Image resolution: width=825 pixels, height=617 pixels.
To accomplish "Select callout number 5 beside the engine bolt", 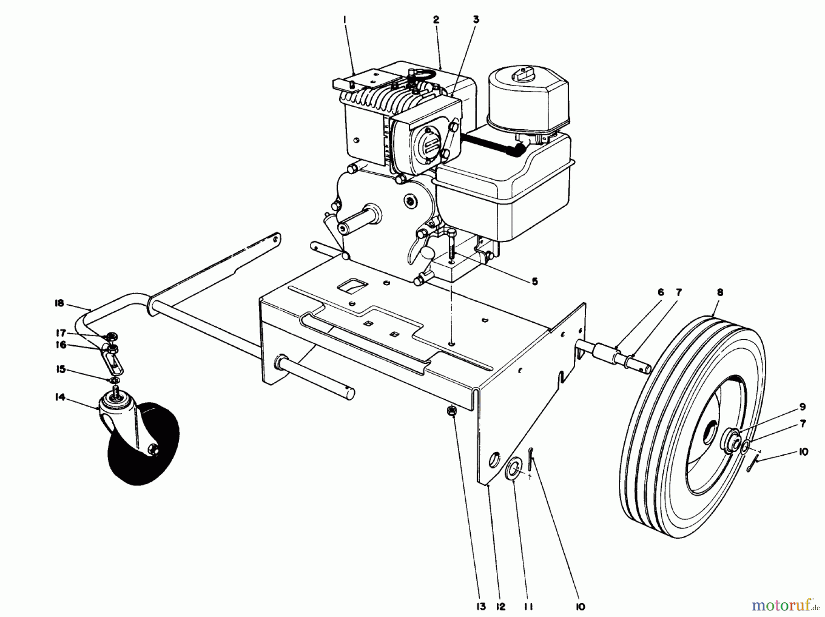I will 534,281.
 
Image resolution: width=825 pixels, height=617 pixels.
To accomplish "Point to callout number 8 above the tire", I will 720,292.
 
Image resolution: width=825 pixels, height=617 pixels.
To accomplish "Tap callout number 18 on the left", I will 59,303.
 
